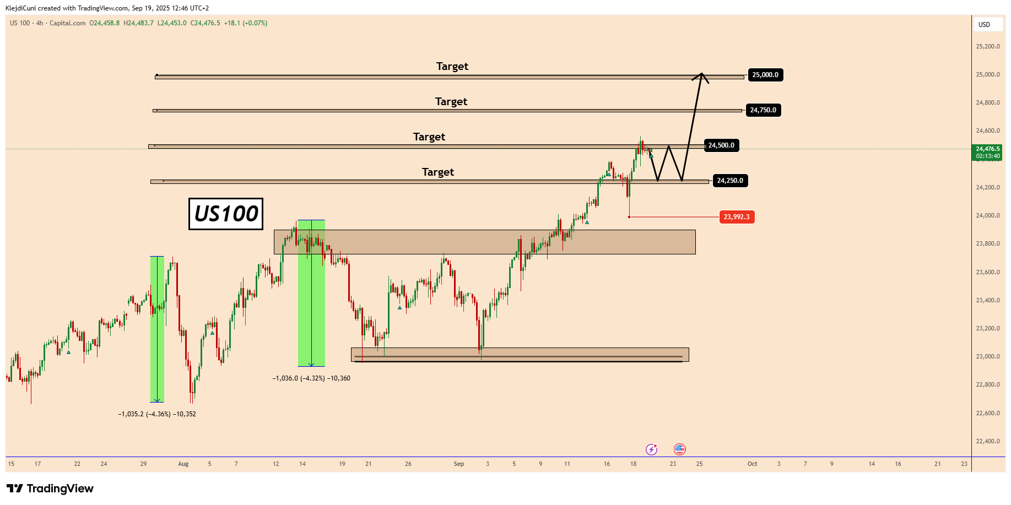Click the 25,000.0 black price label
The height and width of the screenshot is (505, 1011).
(x=765, y=75)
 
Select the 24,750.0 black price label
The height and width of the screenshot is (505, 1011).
(x=763, y=110)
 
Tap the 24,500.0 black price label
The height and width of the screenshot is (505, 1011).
(x=721, y=145)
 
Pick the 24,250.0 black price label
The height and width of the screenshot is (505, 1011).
(x=730, y=181)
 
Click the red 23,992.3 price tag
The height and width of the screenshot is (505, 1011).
(x=737, y=217)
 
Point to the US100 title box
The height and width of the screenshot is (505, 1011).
(x=226, y=214)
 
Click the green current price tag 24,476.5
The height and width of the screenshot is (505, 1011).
(x=988, y=152)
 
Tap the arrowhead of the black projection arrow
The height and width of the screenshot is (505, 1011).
(x=701, y=75)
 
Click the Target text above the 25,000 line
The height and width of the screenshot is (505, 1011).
(x=452, y=66)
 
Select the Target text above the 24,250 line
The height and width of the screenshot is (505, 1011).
(x=437, y=172)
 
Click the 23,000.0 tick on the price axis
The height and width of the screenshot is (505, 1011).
(x=988, y=356)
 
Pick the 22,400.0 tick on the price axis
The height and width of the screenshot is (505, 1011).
(x=988, y=441)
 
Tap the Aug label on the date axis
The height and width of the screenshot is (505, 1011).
(x=183, y=464)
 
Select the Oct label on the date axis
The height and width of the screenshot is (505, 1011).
(x=752, y=464)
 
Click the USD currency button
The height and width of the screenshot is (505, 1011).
(x=984, y=25)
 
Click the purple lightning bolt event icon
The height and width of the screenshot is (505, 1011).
(x=652, y=449)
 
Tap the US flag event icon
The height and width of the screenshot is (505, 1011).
(x=680, y=449)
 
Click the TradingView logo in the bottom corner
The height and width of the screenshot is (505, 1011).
(x=50, y=488)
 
